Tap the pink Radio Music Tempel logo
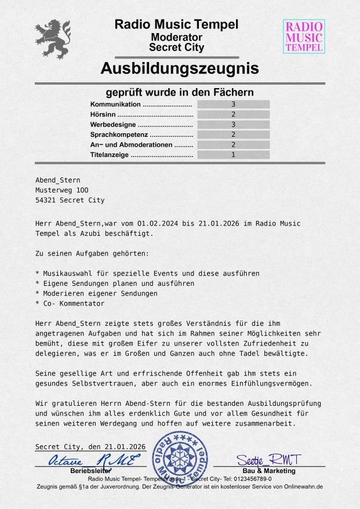coord(304,37)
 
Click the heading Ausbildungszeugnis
coord(180,69)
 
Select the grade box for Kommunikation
coord(233,104)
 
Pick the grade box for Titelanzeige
coord(233,155)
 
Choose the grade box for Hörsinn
coord(233,114)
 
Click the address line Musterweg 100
coord(62,190)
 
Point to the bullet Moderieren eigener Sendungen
coord(99,293)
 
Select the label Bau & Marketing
coord(268,471)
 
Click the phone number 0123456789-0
coord(252,479)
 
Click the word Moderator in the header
coord(176,37)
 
